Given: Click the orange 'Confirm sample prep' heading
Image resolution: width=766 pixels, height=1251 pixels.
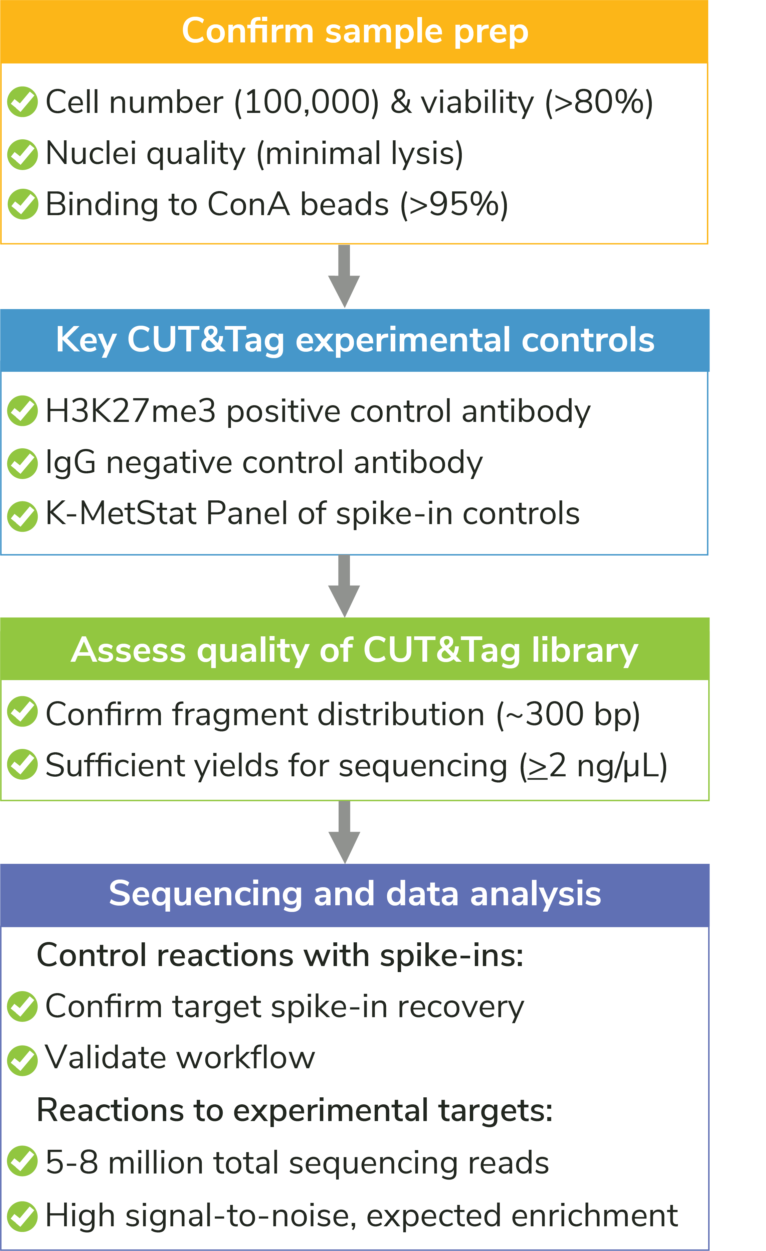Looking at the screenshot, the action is click(x=355, y=31).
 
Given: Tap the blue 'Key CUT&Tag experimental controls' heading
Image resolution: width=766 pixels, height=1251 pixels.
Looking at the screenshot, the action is click(x=355, y=340).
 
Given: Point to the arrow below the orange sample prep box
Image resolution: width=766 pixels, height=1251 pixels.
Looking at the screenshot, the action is click(x=344, y=276).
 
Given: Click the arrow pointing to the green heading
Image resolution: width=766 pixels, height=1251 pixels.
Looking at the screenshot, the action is click(x=344, y=586).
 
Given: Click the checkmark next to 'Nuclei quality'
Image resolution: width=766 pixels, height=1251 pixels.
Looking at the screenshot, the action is click(x=22, y=154).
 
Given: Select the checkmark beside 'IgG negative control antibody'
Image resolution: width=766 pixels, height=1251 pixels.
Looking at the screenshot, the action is click(x=22, y=463).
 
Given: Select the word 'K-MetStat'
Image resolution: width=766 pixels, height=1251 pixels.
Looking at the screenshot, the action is click(x=121, y=513).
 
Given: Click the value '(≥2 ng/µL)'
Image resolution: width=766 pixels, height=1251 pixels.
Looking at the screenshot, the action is click(x=593, y=766).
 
